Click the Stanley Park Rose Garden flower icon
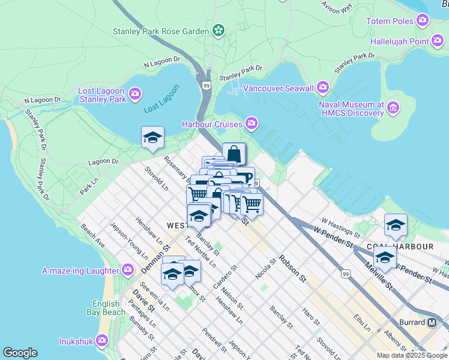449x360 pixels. (x=218, y=29)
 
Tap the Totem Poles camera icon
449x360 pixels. (x=423, y=21)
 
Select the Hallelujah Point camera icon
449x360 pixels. (x=437, y=41)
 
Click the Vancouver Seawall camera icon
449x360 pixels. (x=323, y=88)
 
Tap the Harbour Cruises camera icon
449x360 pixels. (x=251, y=124)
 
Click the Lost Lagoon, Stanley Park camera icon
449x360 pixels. (x=135, y=95)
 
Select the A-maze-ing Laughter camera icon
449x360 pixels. (x=127, y=271)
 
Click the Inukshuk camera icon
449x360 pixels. (x=101, y=341)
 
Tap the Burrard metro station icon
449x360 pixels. (x=432, y=322)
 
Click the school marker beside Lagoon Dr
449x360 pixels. (x=152, y=137)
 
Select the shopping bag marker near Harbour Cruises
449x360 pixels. (x=234, y=153)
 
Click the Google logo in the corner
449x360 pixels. (x=20, y=353)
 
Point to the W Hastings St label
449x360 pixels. (x=339, y=224)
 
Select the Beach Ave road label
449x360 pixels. (x=92, y=236)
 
